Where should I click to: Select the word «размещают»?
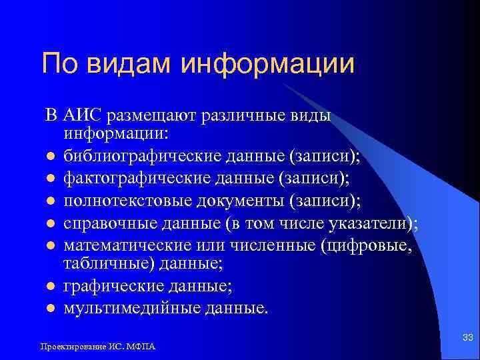click(148, 115)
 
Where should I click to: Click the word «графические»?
click(109, 287)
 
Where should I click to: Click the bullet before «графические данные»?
click(50, 288)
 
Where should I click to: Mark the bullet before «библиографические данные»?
click(50, 157)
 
